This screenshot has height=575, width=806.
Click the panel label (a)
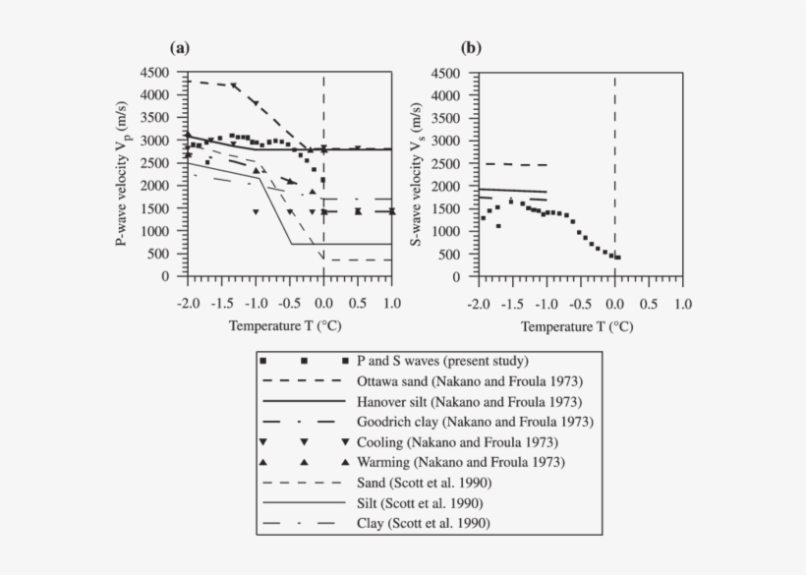tap(180, 47)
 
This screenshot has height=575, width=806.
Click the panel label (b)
tap(471, 47)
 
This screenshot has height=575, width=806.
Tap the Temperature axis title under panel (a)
tap(286, 323)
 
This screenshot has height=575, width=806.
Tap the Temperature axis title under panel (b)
tap(577, 323)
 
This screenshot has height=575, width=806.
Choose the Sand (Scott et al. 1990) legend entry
tap(428, 483)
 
